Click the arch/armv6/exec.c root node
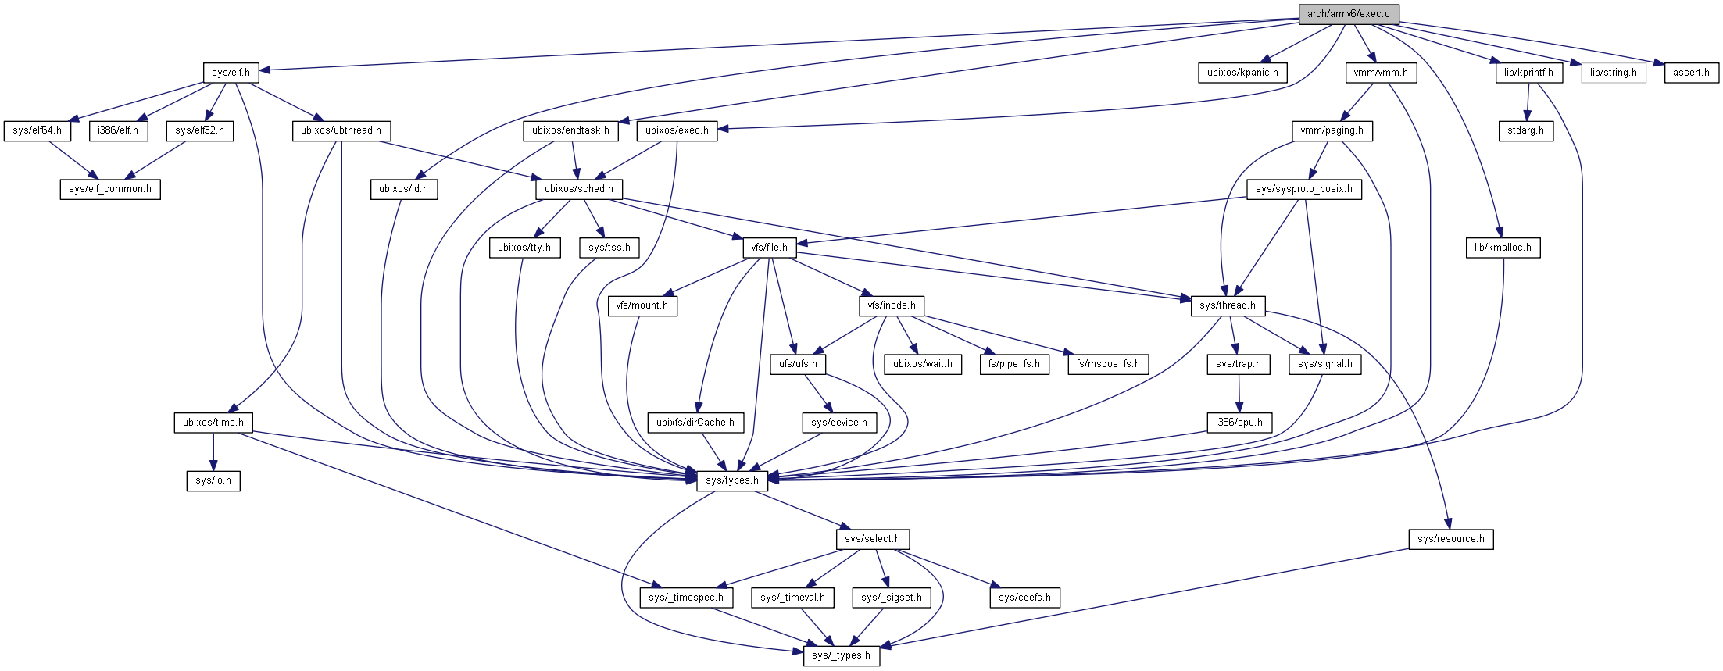click(x=1348, y=14)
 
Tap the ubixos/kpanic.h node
click(x=1242, y=73)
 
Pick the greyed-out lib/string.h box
click(x=1613, y=73)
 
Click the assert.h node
click(x=1691, y=73)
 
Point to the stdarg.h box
click(x=1525, y=130)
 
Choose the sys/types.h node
click(x=731, y=480)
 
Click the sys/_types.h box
click(x=841, y=655)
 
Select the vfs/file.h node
click(x=769, y=248)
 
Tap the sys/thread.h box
click(x=1227, y=305)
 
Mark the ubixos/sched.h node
click(x=578, y=189)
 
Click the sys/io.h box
click(x=213, y=480)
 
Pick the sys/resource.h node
click(x=1450, y=539)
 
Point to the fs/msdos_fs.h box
click(x=1107, y=364)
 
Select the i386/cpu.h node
click(x=1239, y=423)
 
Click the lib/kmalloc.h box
click(x=1502, y=248)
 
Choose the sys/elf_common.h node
click(x=110, y=189)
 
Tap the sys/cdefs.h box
click(x=1024, y=598)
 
